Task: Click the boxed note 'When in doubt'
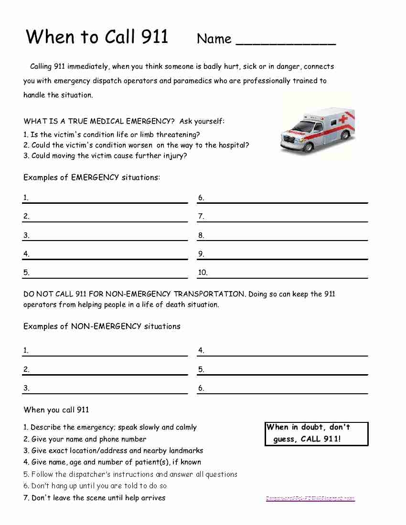pyautogui.click(x=316, y=433)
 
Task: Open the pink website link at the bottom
pyautogui.click(x=310, y=498)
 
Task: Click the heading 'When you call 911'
pyautogui.click(x=56, y=409)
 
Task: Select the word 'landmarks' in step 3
pyautogui.click(x=185, y=451)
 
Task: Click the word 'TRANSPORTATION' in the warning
pyautogui.click(x=209, y=294)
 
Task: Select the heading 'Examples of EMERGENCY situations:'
pyautogui.click(x=92, y=178)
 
